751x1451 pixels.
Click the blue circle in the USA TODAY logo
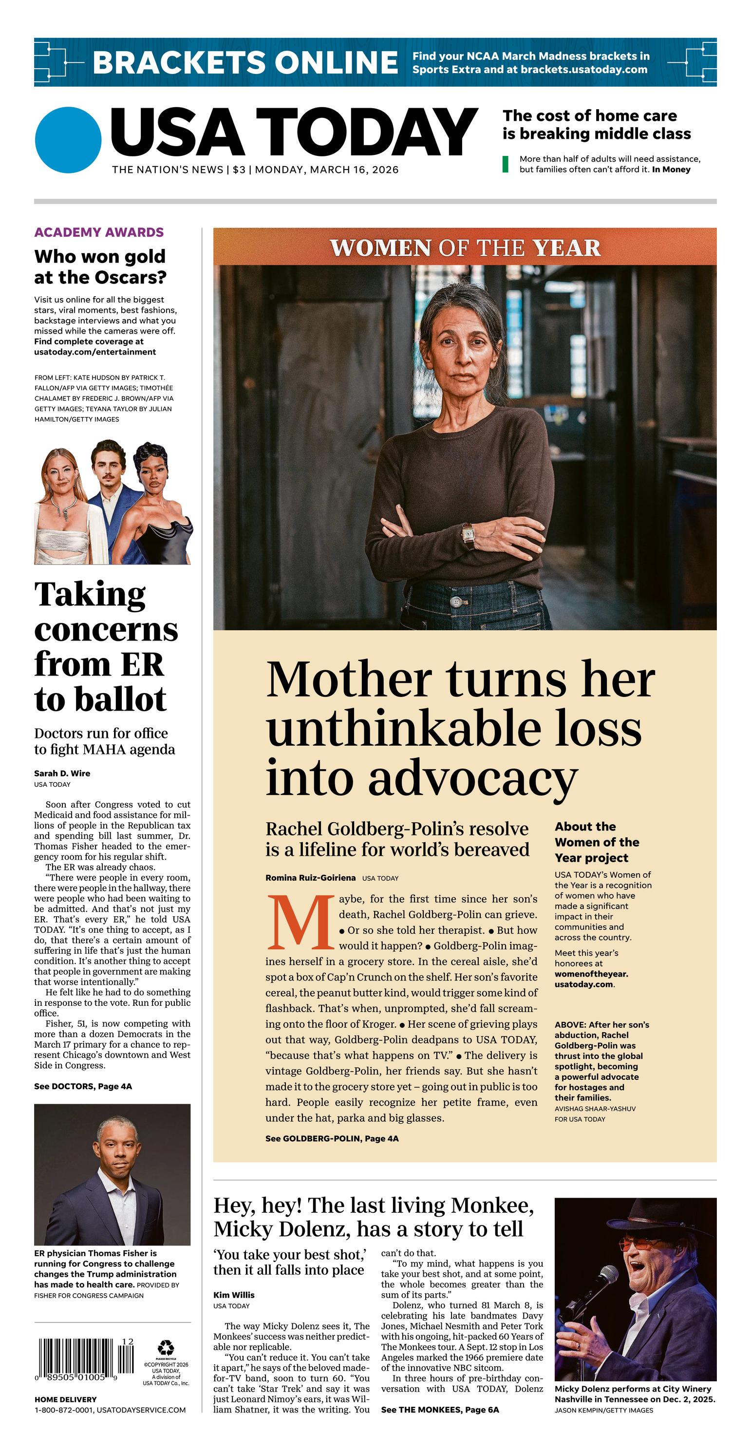click(68, 140)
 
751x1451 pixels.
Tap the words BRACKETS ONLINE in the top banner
click(245, 62)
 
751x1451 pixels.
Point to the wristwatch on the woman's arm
click(467, 536)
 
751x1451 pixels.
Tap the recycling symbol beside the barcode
click(166, 1348)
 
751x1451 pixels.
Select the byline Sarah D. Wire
click(62, 773)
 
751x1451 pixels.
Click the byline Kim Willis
click(234, 1295)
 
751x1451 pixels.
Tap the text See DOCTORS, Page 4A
click(83, 1086)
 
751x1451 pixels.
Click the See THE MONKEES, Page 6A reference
click(439, 1409)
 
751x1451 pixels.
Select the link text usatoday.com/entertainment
click(94, 352)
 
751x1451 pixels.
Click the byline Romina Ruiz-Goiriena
click(310, 878)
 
